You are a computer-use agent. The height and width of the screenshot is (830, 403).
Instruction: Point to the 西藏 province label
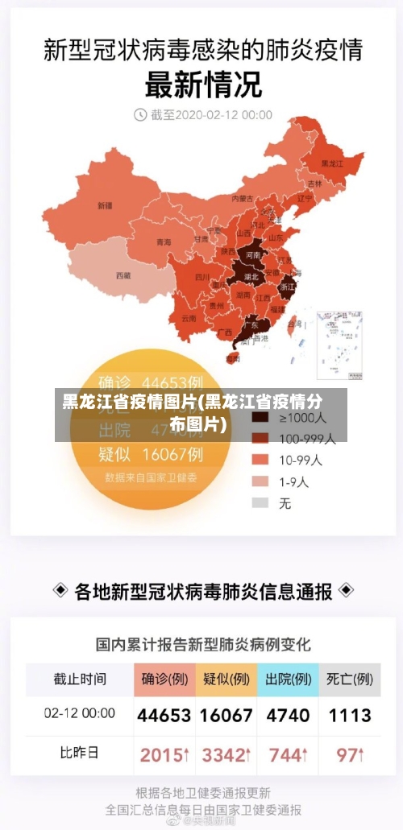coord(123,275)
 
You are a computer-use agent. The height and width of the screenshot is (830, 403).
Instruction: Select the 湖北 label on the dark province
coord(251,276)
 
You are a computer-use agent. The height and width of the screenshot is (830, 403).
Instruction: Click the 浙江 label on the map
coord(287,286)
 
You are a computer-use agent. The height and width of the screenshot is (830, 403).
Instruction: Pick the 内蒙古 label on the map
coord(242,198)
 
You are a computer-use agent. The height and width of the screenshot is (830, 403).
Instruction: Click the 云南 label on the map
coord(189,318)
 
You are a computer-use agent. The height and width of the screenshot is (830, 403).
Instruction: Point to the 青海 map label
coord(164,242)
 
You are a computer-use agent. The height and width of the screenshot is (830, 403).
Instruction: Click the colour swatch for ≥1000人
coord(260,419)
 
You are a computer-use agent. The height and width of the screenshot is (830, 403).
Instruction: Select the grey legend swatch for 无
coord(260,502)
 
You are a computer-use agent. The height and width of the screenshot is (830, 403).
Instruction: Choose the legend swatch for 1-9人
coord(260,481)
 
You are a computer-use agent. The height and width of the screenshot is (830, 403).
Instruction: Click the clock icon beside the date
coord(140,115)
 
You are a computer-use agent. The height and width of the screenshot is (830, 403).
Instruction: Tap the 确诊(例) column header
coord(165,679)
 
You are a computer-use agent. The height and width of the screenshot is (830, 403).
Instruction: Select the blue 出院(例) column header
coord(288,679)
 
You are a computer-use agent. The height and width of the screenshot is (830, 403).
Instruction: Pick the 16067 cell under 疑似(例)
coord(226,715)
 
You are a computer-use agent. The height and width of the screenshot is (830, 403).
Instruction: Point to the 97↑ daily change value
coord(350,755)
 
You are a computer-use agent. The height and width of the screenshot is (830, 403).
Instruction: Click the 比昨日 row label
coord(79,754)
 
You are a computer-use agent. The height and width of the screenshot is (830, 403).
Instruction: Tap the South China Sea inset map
coord(339,345)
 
